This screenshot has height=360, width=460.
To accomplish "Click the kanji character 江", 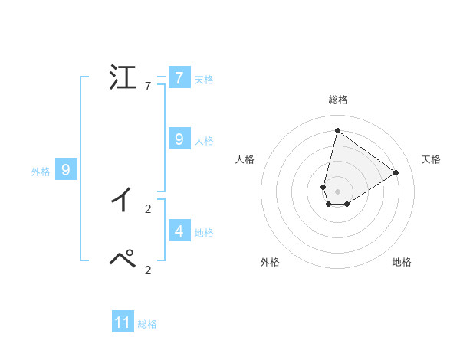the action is coord(122,78).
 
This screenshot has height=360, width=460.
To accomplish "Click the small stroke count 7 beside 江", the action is coord(148,87).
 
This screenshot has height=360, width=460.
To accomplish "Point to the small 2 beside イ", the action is coord(148,208).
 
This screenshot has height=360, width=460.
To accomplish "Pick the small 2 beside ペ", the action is coord(148,270).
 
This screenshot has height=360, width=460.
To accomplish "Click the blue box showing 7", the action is coord(179,78).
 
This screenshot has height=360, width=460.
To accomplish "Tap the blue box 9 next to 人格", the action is coord(179,139).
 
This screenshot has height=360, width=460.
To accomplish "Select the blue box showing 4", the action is coord(179,230).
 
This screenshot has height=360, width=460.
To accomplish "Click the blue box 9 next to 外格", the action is coord(66,170).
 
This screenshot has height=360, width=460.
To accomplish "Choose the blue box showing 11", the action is coord(123,322).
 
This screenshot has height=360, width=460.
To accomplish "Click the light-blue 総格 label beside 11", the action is coord(147,324).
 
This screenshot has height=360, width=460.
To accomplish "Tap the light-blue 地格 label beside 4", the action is coord(204,232).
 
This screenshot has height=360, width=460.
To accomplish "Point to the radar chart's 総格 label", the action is coord(337,100).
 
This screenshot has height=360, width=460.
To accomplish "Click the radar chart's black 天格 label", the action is coord(431,159).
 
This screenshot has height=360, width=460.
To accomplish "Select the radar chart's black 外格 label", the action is coord(270,262).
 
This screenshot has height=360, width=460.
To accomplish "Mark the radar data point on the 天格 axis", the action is coord(396,172).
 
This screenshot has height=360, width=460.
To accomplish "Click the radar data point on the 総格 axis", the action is coord(337,130).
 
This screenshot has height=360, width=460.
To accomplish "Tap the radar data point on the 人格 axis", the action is coord(324,187).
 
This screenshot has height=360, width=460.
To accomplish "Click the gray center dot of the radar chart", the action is coord(337,191).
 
